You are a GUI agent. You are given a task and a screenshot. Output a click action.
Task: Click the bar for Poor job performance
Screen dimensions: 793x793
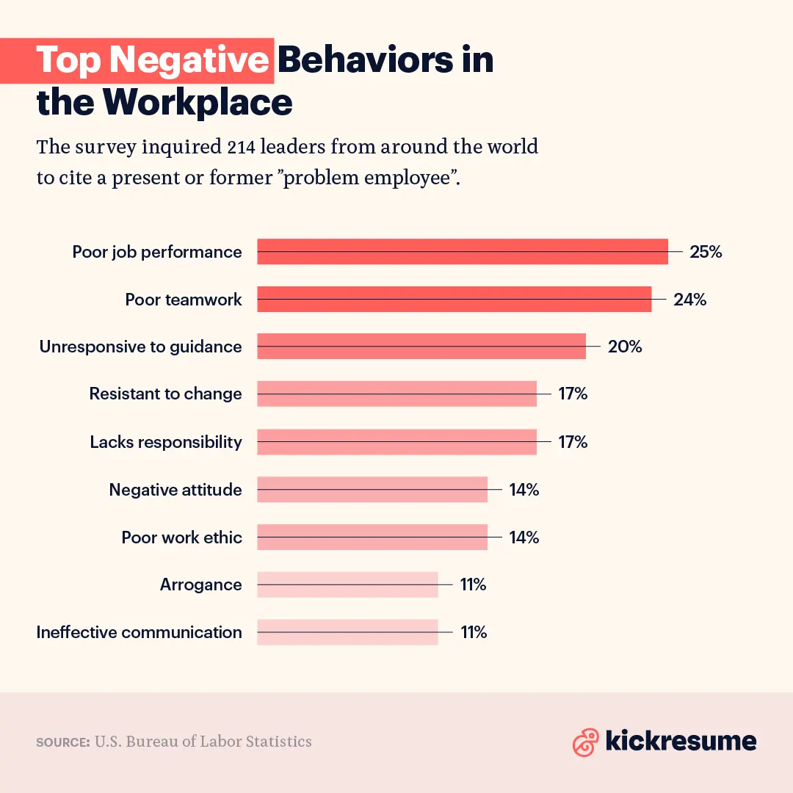coord(463,252)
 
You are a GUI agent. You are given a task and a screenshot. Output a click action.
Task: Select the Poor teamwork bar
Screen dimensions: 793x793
coord(454,300)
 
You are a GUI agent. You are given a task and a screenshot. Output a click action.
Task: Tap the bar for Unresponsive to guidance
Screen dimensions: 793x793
coord(421,347)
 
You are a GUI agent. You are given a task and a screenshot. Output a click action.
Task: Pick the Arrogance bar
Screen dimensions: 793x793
coord(347,584)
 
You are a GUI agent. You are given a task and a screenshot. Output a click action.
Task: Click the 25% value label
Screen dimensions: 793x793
coord(706,252)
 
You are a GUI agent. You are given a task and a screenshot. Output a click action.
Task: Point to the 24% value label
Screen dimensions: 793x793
coord(689,300)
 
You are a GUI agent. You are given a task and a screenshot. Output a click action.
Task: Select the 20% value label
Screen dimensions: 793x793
coord(624,347)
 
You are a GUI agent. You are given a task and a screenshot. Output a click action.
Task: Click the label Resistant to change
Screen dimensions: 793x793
coord(165,394)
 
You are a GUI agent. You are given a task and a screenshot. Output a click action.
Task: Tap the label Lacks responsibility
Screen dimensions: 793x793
coord(165,442)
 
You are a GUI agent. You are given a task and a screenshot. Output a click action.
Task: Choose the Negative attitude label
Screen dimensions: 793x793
coord(175,490)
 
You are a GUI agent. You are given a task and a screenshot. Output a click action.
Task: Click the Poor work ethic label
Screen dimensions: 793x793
coord(181,537)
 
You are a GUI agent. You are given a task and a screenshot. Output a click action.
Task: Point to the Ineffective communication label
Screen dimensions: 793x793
coord(139,632)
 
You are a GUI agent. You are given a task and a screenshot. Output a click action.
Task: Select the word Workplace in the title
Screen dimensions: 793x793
coord(198,103)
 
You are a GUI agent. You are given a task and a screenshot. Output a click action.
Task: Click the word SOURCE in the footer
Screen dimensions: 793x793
coord(62,742)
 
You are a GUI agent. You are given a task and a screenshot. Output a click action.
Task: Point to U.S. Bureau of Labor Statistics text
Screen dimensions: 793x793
coord(203,742)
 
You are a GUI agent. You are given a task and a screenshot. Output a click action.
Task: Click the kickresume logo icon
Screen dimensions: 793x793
coord(585,742)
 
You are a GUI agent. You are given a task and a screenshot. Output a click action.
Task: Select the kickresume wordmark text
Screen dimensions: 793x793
coord(681,741)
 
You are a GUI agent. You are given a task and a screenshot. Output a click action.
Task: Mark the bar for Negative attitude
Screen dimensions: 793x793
coord(372,490)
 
